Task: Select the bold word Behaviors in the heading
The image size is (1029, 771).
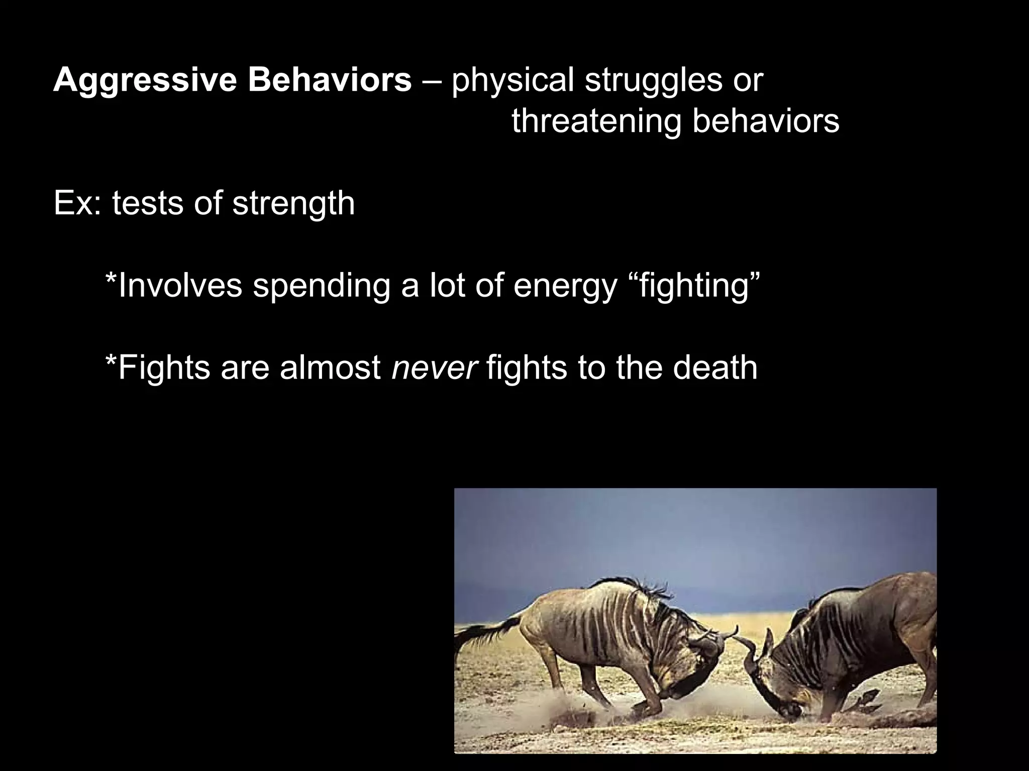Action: coord(329,80)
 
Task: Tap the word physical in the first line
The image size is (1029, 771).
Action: coord(512,80)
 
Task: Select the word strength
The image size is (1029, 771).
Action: coord(293,203)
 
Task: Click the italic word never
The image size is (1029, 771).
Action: coord(434,368)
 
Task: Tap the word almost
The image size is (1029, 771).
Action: coord(330,368)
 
